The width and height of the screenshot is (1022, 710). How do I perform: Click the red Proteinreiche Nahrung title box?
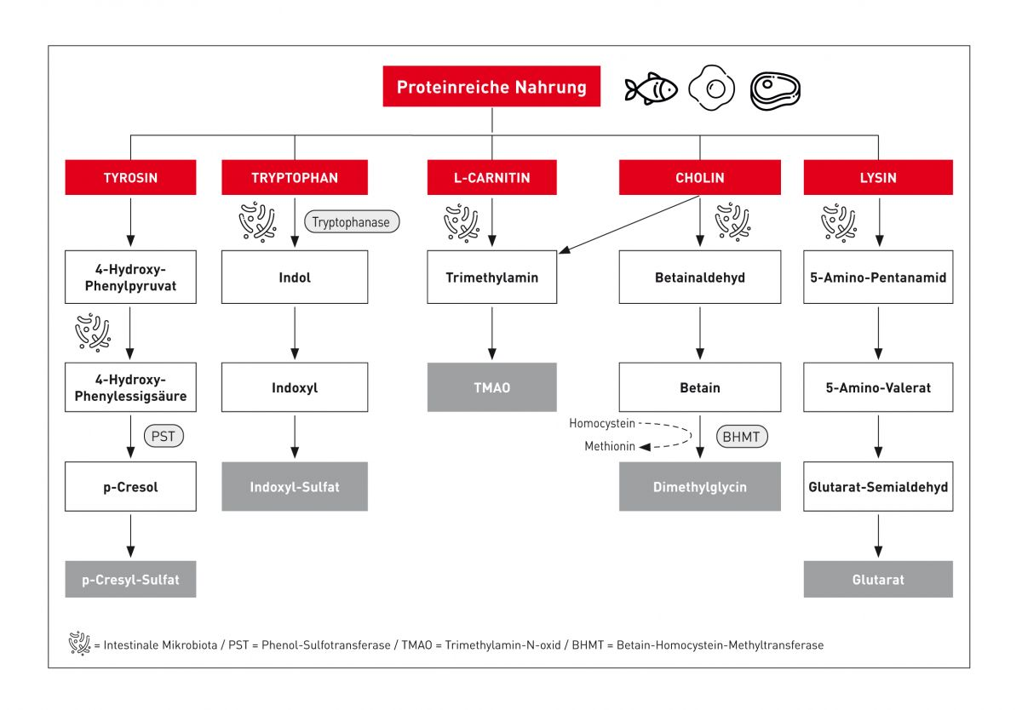click(491, 87)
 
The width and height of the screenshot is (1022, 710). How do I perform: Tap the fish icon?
click(650, 89)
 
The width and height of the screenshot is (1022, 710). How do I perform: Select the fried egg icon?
click(711, 88)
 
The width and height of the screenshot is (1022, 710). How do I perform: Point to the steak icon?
click(774, 89)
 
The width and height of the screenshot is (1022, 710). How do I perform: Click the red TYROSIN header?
click(130, 178)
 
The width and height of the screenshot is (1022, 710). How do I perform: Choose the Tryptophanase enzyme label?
click(351, 222)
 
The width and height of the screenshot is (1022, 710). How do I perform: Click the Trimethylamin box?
click(491, 278)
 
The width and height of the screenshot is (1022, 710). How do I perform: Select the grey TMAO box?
click(491, 387)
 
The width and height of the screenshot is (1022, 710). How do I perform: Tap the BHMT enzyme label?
click(743, 437)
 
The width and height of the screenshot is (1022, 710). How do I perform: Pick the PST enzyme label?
click(164, 437)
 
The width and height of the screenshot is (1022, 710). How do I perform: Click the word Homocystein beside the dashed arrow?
click(602, 423)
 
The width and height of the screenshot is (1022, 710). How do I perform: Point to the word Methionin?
click(609, 446)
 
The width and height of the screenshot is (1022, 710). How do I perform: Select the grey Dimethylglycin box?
click(699, 487)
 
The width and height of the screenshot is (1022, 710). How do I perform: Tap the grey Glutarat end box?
click(878, 579)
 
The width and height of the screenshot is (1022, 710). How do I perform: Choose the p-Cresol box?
click(130, 487)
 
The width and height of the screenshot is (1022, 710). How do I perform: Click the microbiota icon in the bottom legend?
click(79, 644)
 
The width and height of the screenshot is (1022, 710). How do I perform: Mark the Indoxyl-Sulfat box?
click(295, 487)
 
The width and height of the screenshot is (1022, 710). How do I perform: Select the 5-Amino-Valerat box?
click(878, 387)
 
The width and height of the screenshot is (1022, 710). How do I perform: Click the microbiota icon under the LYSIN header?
click(839, 222)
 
